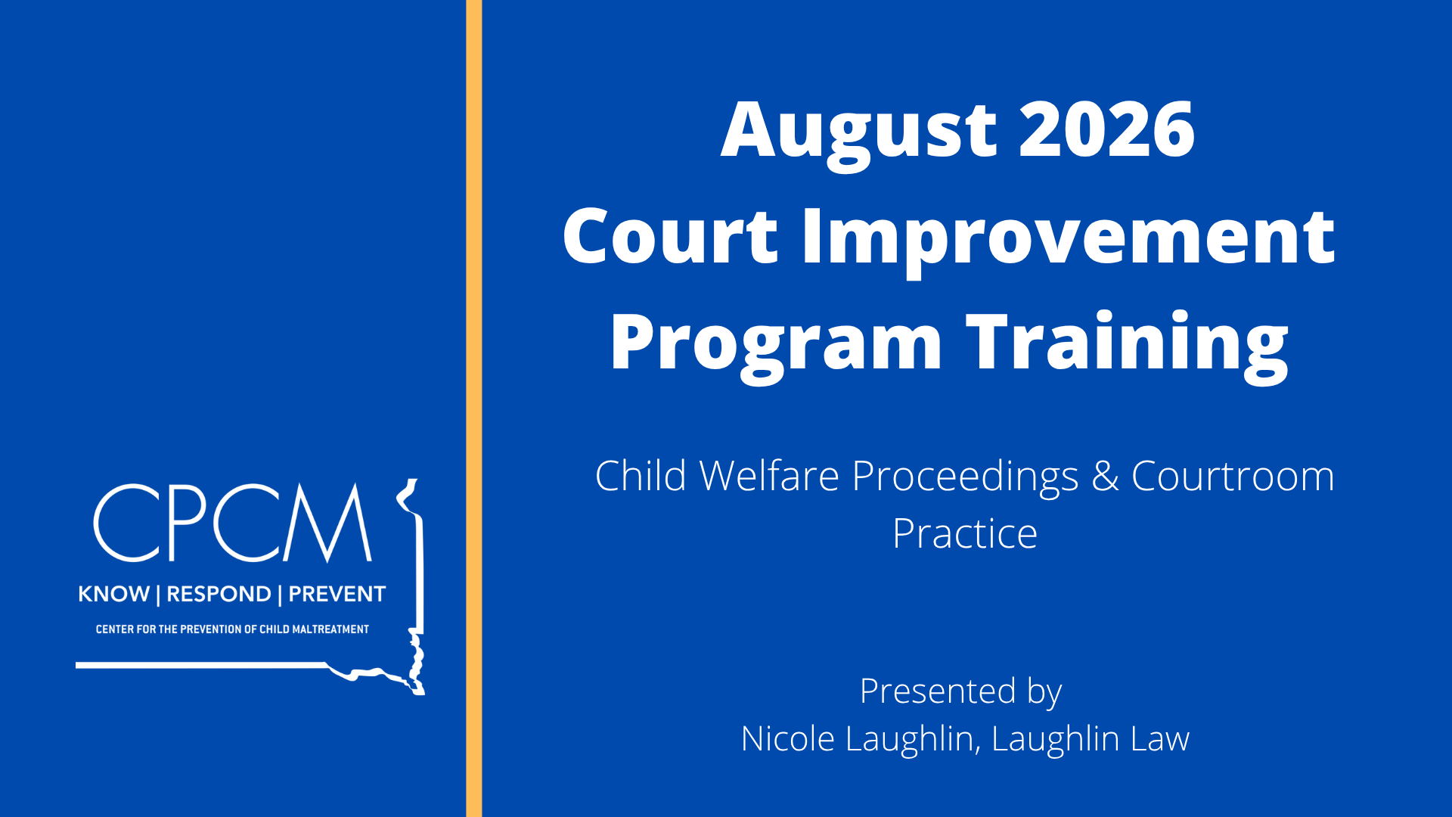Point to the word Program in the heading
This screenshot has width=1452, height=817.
(x=776, y=345)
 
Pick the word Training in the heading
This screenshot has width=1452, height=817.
(x=1128, y=345)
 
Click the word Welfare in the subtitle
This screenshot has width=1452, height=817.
(x=769, y=477)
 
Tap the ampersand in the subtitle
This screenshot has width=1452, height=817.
(x=1105, y=477)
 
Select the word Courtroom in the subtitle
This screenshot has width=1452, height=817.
(x=1233, y=477)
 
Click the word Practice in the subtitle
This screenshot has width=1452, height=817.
(x=965, y=534)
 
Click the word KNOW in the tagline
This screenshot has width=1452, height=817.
(x=114, y=594)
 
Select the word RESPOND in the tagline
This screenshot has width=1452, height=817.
(x=219, y=594)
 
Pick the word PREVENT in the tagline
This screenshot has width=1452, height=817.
(x=337, y=594)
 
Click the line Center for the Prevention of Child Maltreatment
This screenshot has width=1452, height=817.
(x=232, y=629)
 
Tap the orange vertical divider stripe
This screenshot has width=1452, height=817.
(x=474, y=408)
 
